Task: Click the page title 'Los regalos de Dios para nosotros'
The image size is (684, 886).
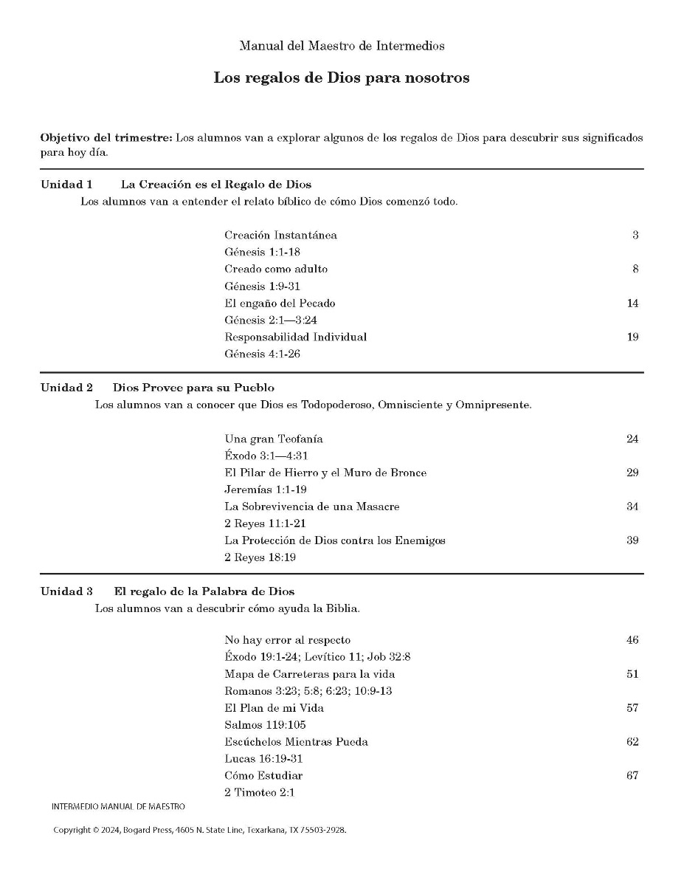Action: pos(342,78)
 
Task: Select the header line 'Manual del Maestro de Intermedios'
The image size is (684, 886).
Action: pos(342,46)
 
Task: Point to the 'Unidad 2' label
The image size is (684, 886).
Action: pos(66,388)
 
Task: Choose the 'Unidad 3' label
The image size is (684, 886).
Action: pos(66,591)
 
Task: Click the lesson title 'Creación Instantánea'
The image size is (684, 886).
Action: pos(280,236)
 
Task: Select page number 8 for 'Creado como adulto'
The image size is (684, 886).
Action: pos(635,269)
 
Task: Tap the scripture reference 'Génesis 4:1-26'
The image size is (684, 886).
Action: pos(262,354)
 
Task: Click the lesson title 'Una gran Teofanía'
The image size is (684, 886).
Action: pos(274,439)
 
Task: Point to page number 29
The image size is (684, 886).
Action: pos(632,473)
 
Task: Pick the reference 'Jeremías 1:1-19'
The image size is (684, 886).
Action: pos(266,490)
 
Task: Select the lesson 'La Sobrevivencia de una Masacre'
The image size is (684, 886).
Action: pos(312,507)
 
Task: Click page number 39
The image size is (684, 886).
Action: pos(632,541)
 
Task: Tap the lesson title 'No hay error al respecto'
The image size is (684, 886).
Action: pos(288,640)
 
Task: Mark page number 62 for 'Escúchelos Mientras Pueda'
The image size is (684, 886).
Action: pos(632,742)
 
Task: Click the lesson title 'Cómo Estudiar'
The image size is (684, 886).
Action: pos(263,776)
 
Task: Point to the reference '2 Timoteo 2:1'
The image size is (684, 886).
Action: pos(260,793)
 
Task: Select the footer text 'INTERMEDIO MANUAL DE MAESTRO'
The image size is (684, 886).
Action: pos(119,807)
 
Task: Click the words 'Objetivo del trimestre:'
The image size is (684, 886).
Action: pos(106,139)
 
